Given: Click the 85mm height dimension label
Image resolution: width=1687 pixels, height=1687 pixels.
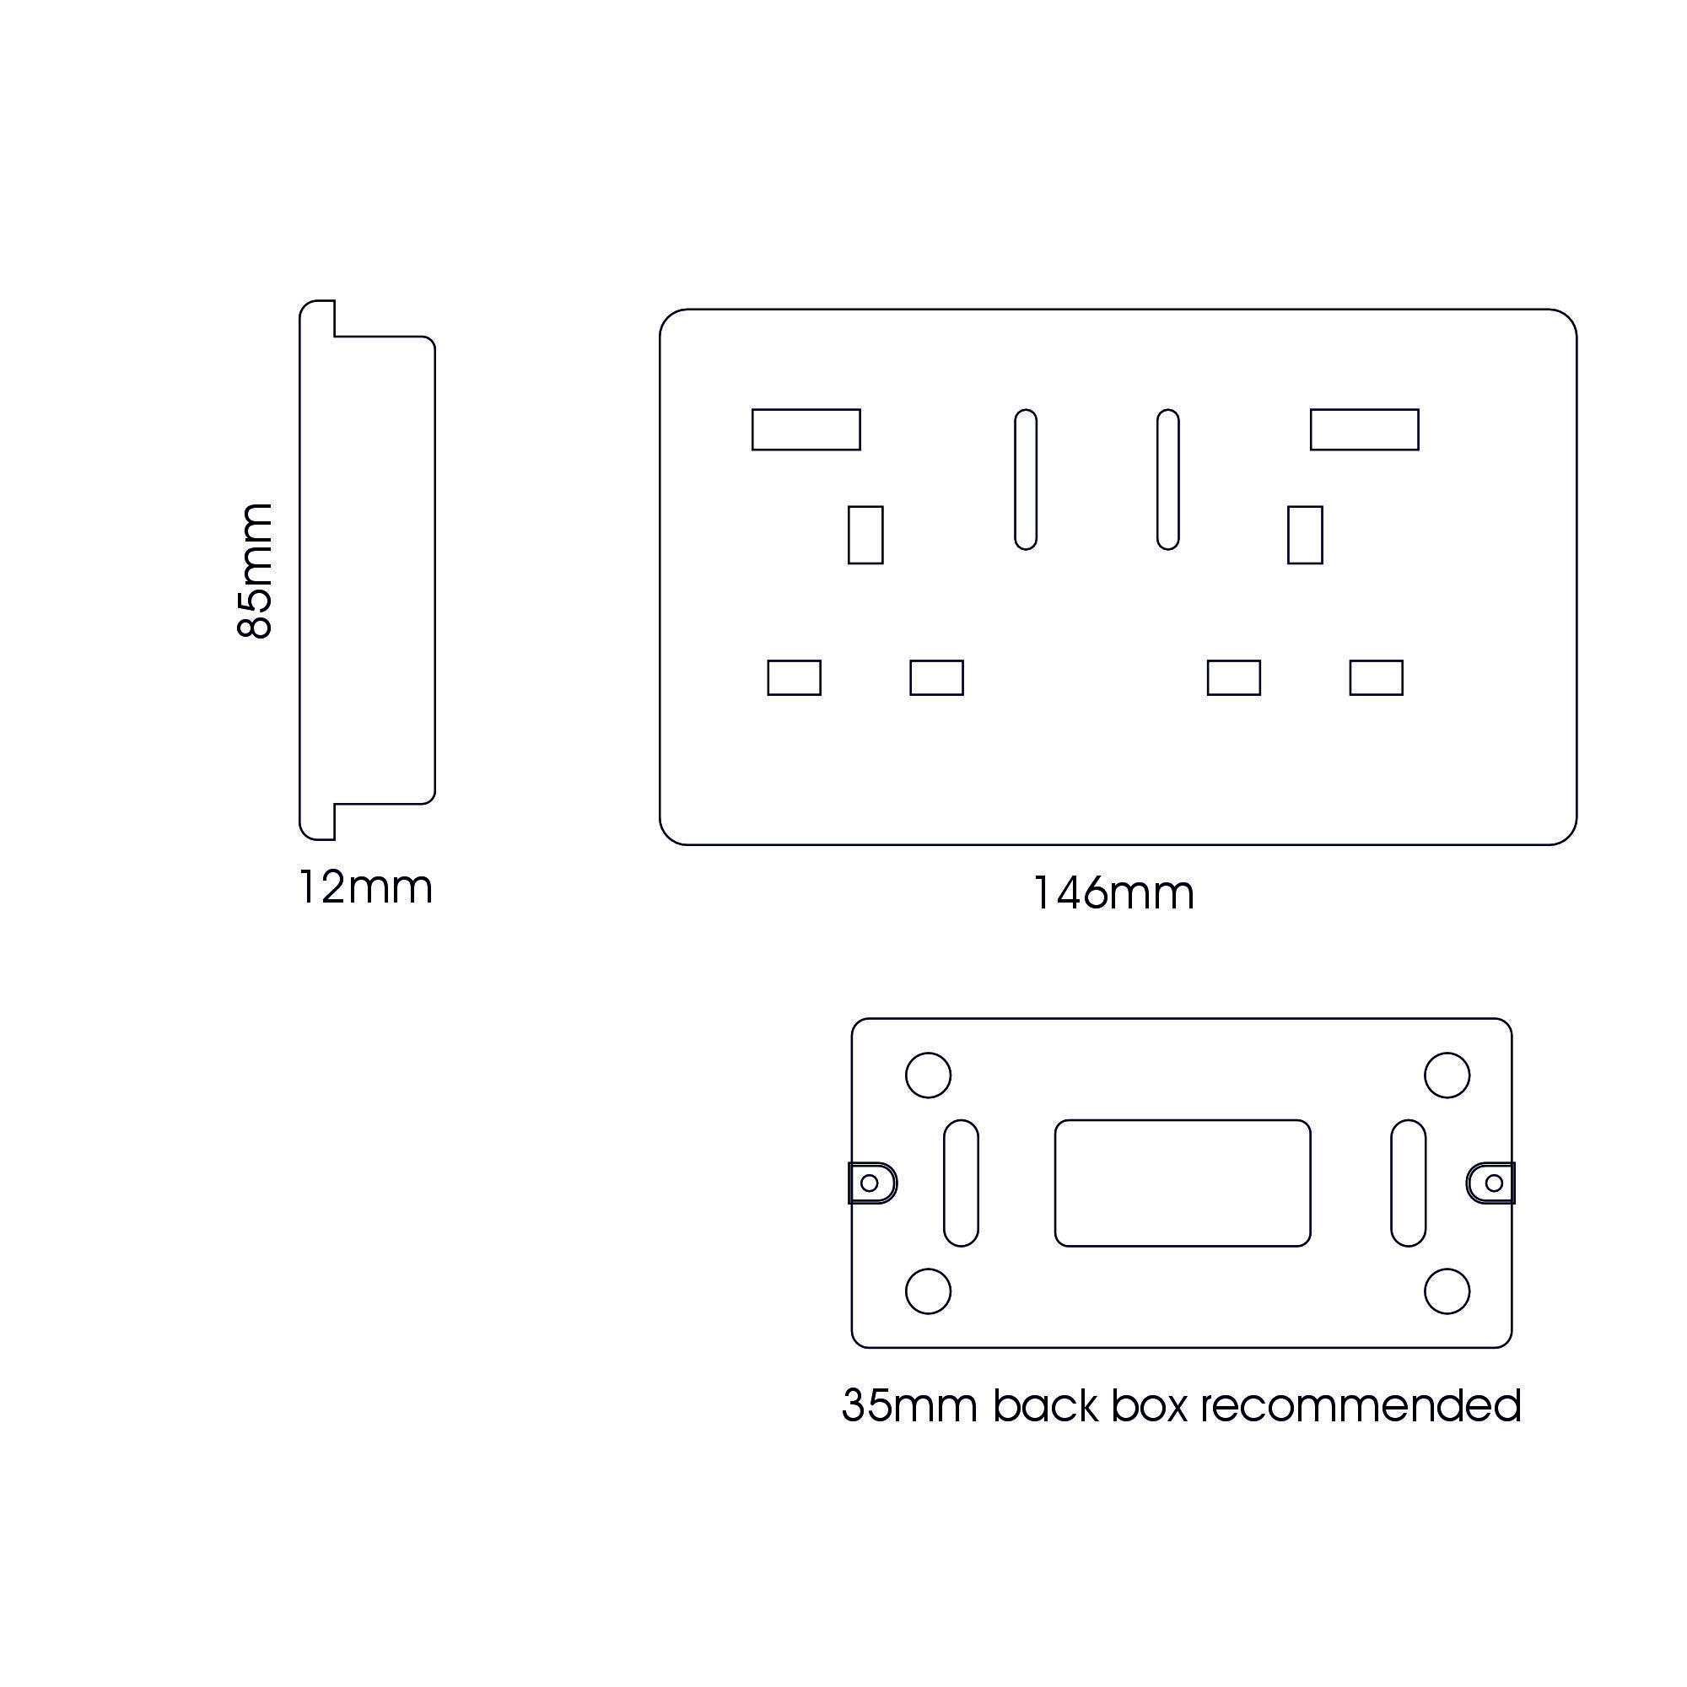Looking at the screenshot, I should (255, 571).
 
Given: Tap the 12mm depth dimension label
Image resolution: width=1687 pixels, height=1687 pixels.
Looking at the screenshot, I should (365, 888).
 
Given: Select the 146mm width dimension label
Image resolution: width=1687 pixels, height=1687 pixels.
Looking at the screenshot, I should (1113, 893).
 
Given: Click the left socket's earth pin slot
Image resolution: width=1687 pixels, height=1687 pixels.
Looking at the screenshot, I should (865, 535).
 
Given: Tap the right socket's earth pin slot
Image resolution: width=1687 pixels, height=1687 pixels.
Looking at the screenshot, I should (1305, 535).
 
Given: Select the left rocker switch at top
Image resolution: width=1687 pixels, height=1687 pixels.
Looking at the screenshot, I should (806, 429).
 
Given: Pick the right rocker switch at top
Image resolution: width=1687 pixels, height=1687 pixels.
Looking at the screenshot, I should (1364, 429).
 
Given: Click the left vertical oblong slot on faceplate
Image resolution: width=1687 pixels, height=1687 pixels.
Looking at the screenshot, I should (1025, 479).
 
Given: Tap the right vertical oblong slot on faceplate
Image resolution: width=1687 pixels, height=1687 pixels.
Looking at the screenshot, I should (1167, 479).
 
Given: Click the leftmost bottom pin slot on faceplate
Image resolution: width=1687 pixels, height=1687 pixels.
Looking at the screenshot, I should (794, 677).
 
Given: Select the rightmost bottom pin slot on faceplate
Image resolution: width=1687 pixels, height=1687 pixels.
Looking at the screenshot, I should (1376, 677).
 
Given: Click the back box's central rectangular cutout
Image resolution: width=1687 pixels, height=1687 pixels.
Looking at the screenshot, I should (1183, 1183).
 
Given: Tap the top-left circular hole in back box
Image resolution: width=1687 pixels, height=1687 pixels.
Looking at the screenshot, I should (928, 1075).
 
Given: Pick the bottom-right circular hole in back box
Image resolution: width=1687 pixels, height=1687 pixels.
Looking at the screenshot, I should (1447, 1291).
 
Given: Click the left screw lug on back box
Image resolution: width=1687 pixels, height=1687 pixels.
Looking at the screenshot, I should (871, 1183).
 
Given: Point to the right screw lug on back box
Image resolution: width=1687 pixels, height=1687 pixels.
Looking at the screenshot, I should (1491, 1183).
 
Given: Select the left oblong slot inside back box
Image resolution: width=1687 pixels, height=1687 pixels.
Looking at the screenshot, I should (962, 1183).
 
